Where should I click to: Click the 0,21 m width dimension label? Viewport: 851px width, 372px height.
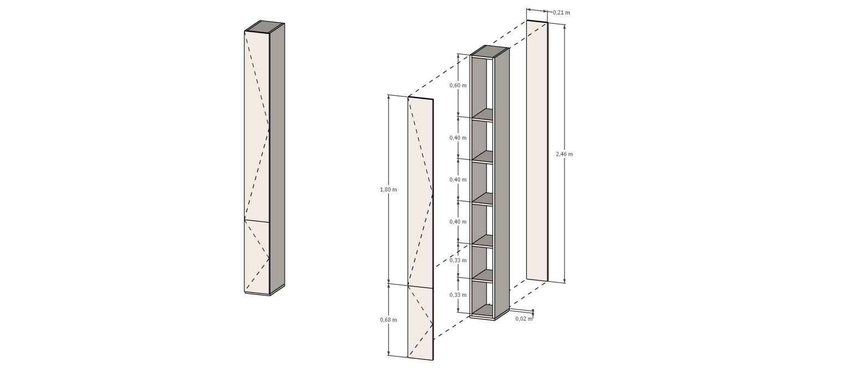point(561,13)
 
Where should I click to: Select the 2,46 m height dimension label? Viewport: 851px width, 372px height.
point(564,154)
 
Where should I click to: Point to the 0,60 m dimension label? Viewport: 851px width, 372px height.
point(458,85)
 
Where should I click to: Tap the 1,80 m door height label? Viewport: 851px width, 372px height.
point(388,189)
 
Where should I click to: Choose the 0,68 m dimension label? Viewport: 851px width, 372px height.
point(388,319)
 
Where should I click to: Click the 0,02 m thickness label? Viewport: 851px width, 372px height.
point(524,318)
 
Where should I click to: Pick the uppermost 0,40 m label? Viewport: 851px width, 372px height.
point(458,137)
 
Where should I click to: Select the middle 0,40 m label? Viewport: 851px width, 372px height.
point(458,180)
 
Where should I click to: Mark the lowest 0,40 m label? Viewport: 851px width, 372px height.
point(458,222)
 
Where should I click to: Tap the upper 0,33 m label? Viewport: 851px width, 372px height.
point(458,260)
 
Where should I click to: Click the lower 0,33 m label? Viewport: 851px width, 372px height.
point(458,294)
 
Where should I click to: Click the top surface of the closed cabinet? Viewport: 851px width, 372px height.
point(264,27)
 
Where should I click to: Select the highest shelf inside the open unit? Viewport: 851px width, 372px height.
point(483,114)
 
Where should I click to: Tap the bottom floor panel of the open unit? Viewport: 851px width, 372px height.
point(483,310)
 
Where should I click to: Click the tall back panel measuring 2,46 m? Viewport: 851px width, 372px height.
point(537,151)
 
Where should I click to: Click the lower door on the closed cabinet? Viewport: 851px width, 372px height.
point(257,257)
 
